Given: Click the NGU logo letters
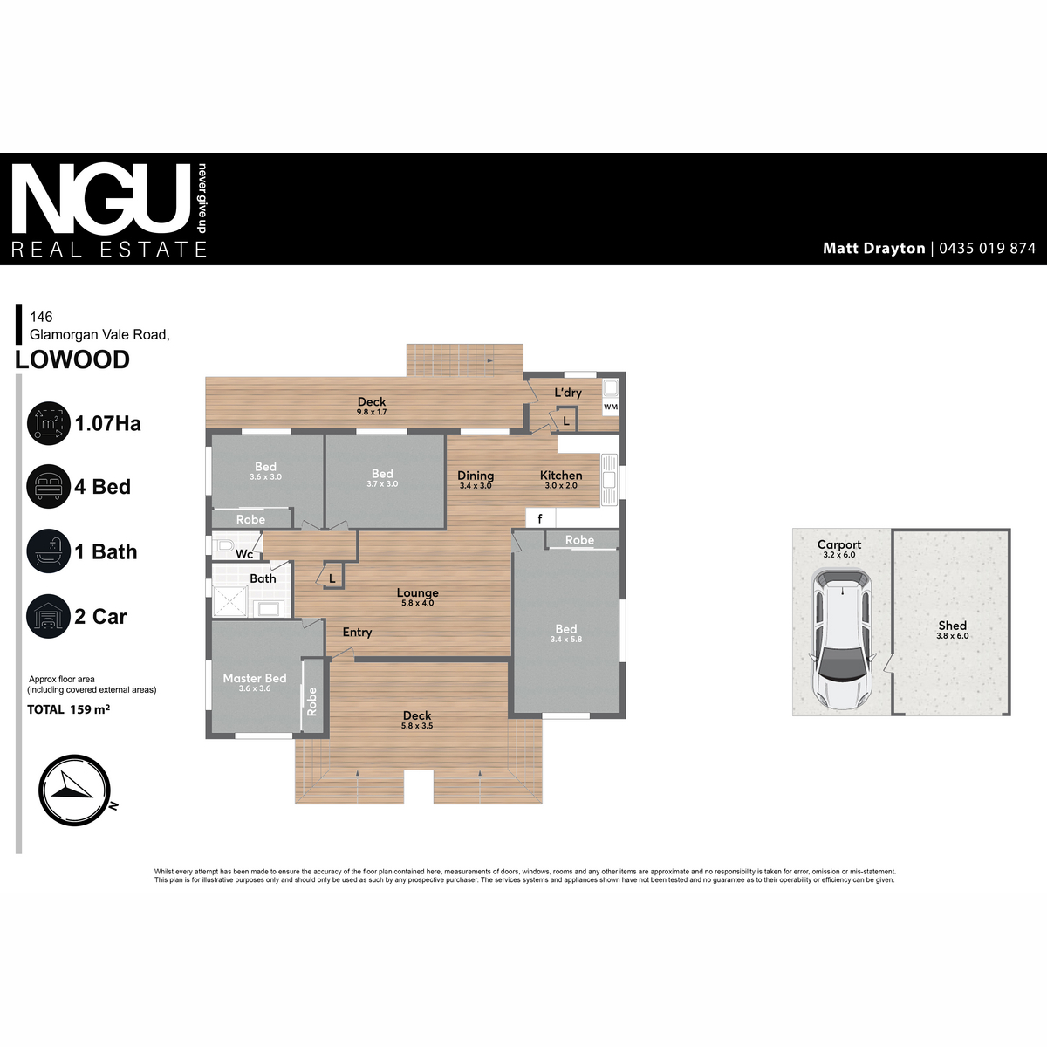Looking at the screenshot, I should coord(100,199).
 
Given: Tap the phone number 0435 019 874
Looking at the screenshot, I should coord(987,249).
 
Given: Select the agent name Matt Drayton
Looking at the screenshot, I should coord(873,249).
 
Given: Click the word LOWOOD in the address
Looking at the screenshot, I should coord(72,359).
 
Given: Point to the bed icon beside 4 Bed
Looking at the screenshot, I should coord(48,487).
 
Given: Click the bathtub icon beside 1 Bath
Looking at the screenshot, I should coord(48,551).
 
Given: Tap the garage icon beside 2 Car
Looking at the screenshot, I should coord(48,617).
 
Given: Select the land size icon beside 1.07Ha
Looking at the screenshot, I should coord(48,424).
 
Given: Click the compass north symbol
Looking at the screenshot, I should coord(74,790).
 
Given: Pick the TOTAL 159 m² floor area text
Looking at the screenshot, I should coord(68,709).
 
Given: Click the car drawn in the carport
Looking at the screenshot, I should coord(841,639).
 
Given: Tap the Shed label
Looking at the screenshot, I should coord(952,626).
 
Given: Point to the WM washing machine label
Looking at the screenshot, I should coord(611,407).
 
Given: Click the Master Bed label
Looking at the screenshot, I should coord(254,678).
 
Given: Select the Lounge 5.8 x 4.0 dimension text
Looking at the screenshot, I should coord(417,603).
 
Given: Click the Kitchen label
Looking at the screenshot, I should coord(561,476).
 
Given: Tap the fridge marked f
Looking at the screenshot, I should coord(540,519).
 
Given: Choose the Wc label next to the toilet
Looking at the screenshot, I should coord(244,554).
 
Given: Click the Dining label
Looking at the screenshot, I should coord(476,476).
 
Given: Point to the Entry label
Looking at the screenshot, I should coord(357,633).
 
